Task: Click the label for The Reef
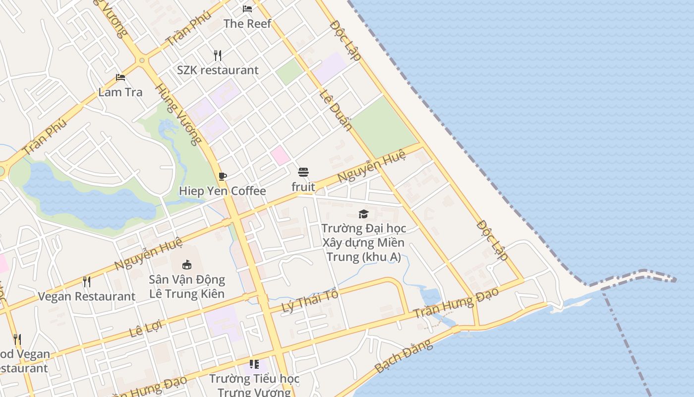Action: pyautogui.click(x=247, y=23)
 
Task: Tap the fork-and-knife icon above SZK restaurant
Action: pyautogui.click(x=218, y=55)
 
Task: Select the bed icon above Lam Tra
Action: pyautogui.click(x=120, y=77)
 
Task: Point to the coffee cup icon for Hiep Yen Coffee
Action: pyautogui.click(x=223, y=176)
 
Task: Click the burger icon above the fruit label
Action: pyautogui.click(x=303, y=172)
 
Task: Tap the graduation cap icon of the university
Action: pyautogui.click(x=363, y=214)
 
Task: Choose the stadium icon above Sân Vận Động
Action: pyautogui.click(x=187, y=265)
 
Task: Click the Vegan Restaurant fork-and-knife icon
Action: pyautogui.click(x=87, y=282)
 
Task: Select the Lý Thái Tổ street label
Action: pyautogui.click(x=310, y=301)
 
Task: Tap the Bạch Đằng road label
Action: pyautogui.click(x=404, y=357)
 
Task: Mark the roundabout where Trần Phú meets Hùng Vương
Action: pyautogui.click(x=142, y=61)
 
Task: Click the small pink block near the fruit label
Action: pyautogui.click(x=280, y=155)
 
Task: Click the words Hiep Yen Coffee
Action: pyautogui.click(x=223, y=191)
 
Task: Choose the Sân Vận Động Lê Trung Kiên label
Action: pyautogui.click(x=187, y=286)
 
